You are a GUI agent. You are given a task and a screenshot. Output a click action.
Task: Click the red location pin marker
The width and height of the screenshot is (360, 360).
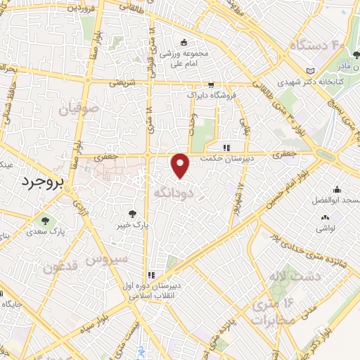point(181,165)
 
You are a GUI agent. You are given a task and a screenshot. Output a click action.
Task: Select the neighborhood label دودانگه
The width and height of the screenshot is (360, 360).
point(172,191)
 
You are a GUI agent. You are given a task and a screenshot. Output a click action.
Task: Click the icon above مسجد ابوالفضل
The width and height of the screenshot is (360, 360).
point(337,188)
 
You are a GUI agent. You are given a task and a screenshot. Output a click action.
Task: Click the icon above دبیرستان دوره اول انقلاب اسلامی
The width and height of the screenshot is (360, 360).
point(150,275)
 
